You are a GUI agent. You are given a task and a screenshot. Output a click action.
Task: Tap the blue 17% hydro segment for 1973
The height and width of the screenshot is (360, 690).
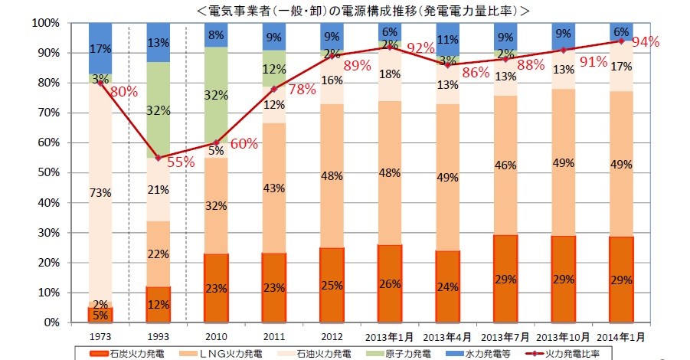pyautogui.click(x=100, y=47)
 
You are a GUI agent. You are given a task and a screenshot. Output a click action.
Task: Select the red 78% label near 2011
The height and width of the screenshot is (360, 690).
pyautogui.click(x=302, y=90)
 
